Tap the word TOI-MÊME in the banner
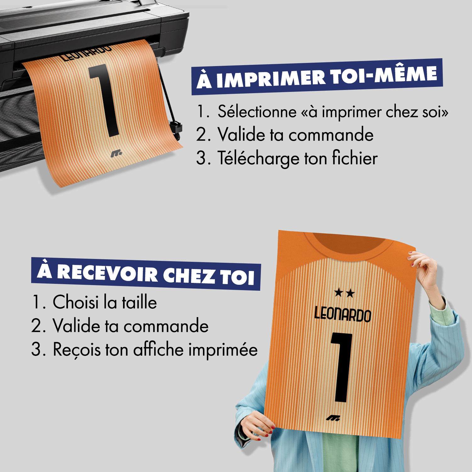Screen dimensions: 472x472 click(x=384, y=75)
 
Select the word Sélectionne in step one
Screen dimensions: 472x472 click(x=257, y=112)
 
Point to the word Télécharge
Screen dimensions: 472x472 click(x=258, y=158)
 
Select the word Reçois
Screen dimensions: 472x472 click(x=77, y=350)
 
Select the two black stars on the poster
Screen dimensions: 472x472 click(x=344, y=293)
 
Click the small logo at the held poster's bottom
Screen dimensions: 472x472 click(x=333, y=418)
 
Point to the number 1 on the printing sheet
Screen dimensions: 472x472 click(x=104, y=101)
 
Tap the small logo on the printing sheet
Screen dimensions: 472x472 click(x=116, y=154)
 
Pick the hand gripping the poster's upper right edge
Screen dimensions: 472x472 click(x=425, y=266)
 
